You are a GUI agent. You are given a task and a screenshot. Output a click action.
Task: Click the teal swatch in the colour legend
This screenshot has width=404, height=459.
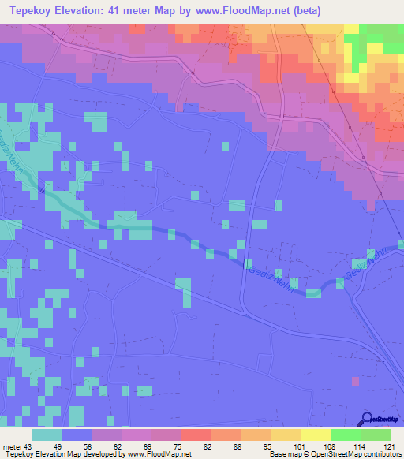(x=47, y=435)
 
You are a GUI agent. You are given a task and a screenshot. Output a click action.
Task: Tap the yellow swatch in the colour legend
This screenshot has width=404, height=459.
(x=316, y=435)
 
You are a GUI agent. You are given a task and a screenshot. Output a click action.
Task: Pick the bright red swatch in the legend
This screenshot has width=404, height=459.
(x=196, y=435)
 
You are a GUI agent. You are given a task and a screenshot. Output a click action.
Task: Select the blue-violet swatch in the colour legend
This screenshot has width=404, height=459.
(x=77, y=435)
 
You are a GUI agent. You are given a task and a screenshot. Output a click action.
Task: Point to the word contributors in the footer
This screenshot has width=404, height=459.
(x=382, y=454)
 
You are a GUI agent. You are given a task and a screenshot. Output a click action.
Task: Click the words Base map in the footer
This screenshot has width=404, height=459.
(x=283, y=454)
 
